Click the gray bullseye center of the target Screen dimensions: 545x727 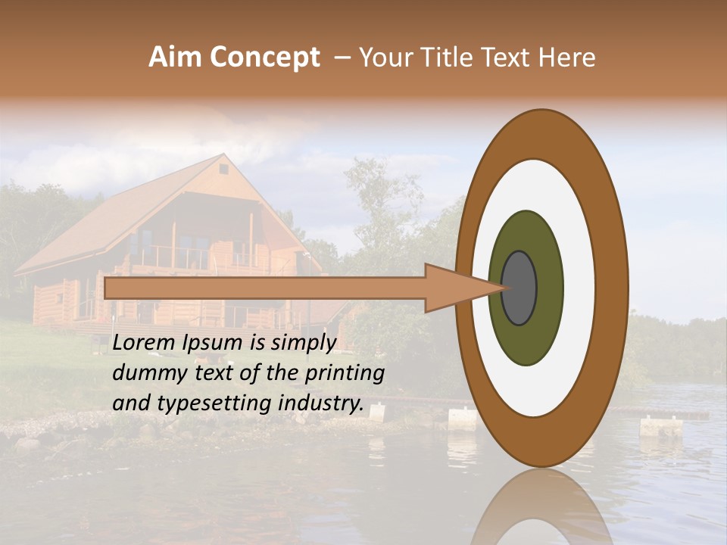pos(520,288)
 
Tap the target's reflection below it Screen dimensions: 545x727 pos(541,511)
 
